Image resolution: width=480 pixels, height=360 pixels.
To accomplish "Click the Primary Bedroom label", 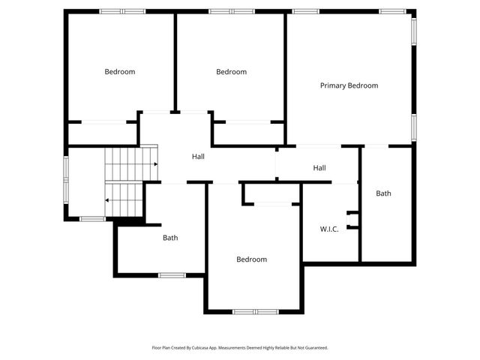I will (349, 85).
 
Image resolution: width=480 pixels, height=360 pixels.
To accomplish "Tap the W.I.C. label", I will (329, 229).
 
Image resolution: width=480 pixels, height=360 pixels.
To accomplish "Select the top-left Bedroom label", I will (120, 72).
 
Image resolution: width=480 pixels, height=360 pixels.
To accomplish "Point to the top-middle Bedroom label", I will (231, 72).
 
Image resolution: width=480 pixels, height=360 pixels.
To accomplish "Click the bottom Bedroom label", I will (251, 259).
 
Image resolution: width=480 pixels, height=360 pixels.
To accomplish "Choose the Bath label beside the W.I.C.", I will (383, 193).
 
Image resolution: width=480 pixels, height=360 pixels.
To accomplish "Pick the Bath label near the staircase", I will (170, 238).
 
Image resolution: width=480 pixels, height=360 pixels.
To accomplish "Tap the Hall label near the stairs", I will (198, 157).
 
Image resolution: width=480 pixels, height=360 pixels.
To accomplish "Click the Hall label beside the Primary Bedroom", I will (319, 168).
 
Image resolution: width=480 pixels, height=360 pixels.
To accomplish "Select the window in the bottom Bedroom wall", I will (255, 311).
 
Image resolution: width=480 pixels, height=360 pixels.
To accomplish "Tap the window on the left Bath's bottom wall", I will (172, 275).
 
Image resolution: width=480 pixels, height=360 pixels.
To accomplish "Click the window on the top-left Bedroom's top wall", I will (122, 11).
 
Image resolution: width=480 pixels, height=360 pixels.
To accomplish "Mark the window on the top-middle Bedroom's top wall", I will (230, 11).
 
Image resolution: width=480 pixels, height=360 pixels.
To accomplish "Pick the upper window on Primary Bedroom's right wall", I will (413, 31).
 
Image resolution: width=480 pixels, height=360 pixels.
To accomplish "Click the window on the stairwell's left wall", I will (66, 178).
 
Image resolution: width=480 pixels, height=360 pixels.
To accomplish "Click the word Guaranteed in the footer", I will (316, 348).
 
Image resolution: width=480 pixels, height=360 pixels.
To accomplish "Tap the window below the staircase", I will (92, 218).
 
